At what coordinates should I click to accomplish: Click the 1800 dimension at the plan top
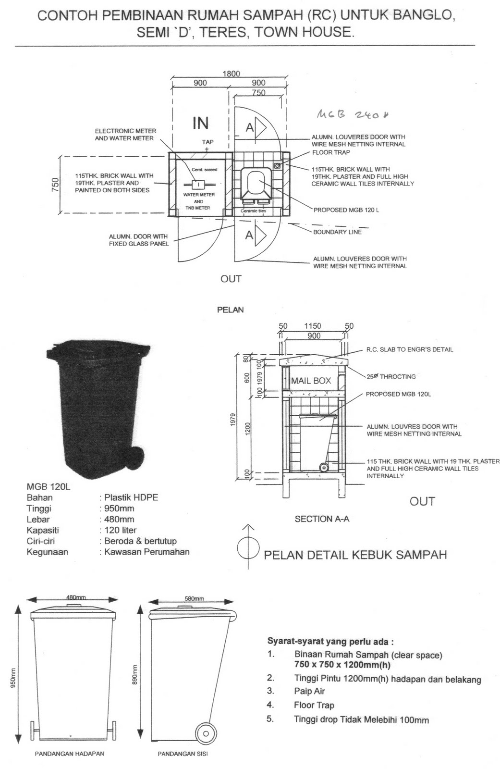231,74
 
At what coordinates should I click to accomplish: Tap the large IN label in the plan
200,124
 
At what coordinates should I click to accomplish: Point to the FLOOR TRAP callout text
331,152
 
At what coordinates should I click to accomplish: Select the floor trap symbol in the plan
278,165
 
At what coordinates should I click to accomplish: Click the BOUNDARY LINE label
337,232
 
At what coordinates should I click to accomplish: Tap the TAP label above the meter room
207,142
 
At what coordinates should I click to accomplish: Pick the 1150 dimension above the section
313,326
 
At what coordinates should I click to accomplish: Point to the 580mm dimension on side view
194,598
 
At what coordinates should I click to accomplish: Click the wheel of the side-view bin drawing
206,734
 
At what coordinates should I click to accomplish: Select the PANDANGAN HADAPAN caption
69,754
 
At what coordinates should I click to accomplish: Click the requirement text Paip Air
309,691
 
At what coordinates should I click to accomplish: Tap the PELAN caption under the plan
231,310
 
